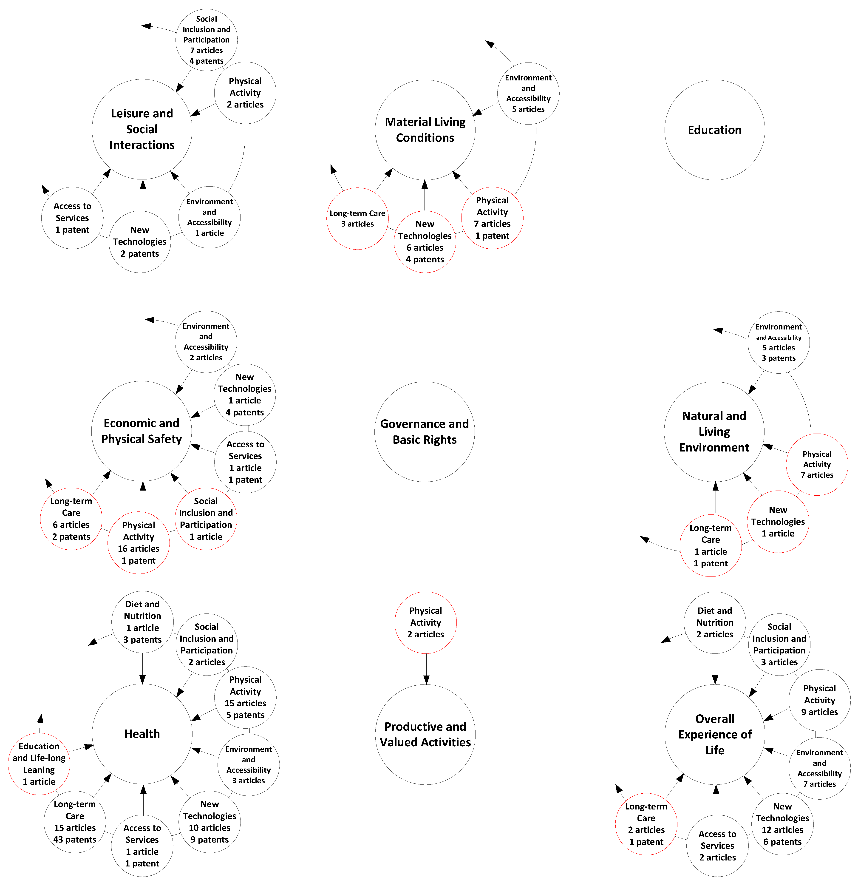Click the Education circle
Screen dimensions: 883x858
tap(714, 130)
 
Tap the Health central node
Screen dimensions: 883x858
tap(142, 734)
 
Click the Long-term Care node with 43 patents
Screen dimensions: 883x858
tap(75, 822)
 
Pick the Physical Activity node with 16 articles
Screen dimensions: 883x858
tap(139, 543)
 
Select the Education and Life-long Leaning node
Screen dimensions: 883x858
tap(39, 764)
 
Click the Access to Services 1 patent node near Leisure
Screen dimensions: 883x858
tap(72, 218)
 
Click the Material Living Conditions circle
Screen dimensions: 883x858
tap(425, 130)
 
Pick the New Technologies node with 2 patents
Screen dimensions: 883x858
tap(140, 241)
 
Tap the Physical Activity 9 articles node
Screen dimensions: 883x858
tap(819, 700)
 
